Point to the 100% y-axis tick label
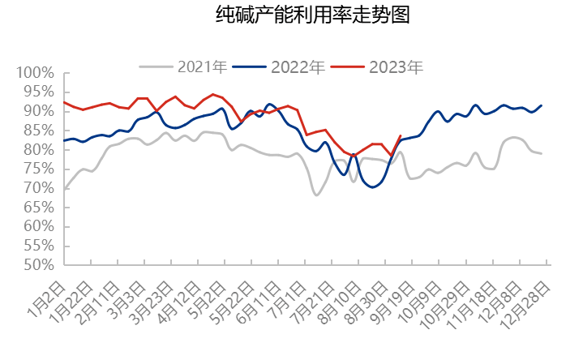[34, 74]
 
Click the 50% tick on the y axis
[37, 265]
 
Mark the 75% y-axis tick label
[37, 169]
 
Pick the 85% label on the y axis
[37, 131]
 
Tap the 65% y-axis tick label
[37, 208]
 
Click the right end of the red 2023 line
[401, 135]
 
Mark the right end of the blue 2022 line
[542, 105]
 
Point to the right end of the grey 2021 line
[542, 153]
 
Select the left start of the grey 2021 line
[64, 189]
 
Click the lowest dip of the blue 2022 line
[373, 187]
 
